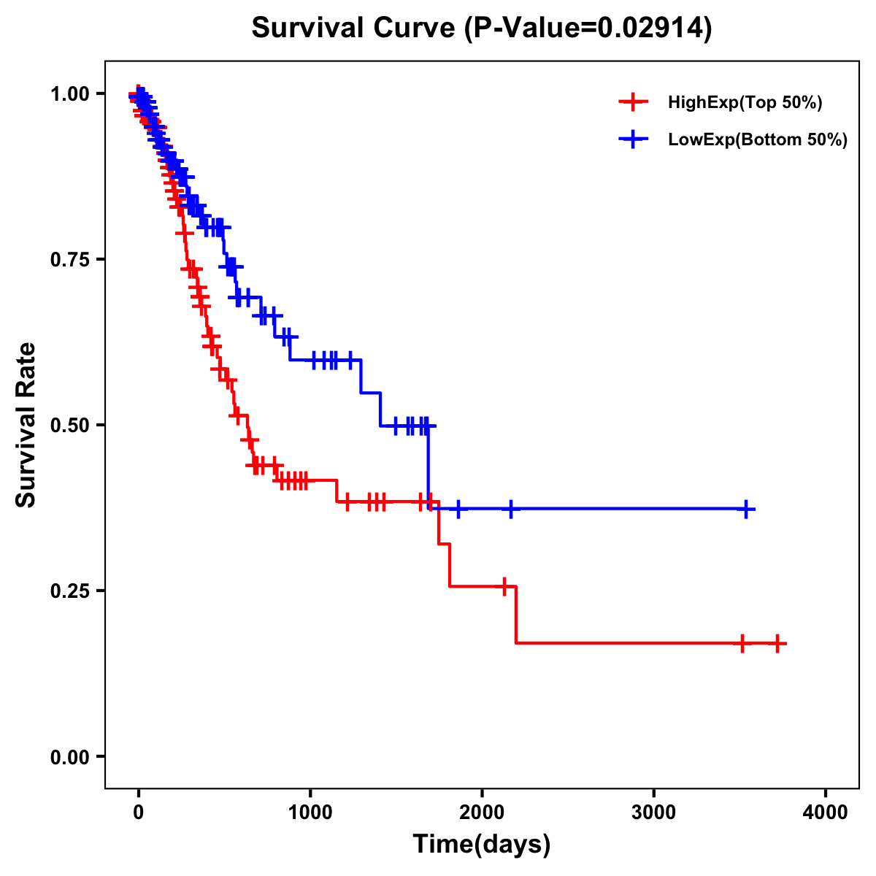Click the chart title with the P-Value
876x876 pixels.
pyautogui.click(x=482, y=28)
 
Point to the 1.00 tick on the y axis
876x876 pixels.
pyautogui.click(x=70, y=94)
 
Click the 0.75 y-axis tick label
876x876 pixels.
pyautogui.click(x=70, y=260)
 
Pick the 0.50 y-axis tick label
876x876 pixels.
pyautogui.click(x=70, y=426)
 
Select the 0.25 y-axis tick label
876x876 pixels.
pyautogui.click(x=70, y=591)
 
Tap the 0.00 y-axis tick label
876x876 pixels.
pyautogui.click(x=70, y=757)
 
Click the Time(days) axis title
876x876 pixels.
pyautogui.click(x=482, y=845)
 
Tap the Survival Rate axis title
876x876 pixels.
pyautogui.click(x=26, y=425)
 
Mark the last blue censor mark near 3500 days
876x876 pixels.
pyautogui.click(x=746, y=510)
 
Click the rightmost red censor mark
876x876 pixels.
pyautogui.click(x=777, y=644)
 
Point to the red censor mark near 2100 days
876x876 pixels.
pyautogui.click(x=504, y=586)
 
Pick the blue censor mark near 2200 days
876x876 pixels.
pyautogui.click(x=510, y=510)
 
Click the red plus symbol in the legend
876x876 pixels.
pyautogui.click(x=633, y=102)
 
